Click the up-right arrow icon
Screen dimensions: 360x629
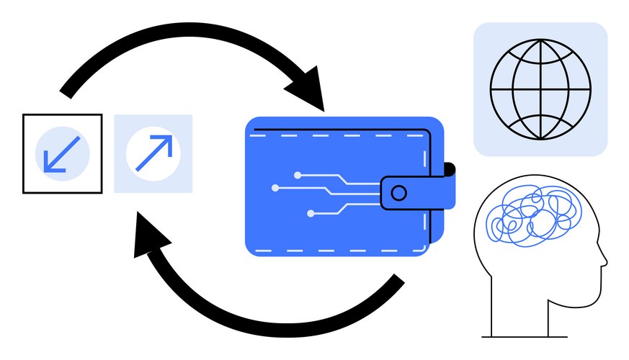153,153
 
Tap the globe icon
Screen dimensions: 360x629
540,89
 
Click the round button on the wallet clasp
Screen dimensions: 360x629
398,192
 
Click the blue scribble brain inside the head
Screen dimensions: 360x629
530,216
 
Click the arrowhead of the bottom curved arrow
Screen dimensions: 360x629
147,242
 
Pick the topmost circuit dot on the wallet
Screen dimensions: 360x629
297,174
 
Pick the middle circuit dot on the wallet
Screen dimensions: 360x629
275,188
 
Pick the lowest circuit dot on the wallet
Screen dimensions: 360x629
311,213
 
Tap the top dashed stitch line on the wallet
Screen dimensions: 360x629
339,135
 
